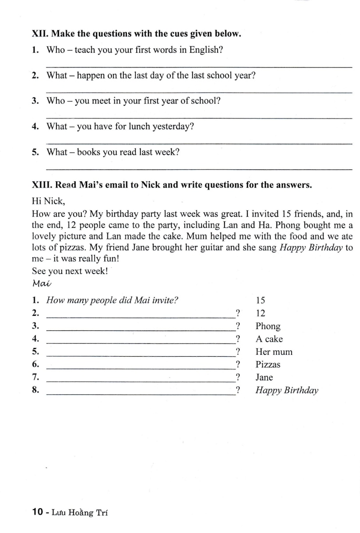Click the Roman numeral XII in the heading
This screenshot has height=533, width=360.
click(40, 34)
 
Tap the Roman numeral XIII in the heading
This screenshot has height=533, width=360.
click(43, 185)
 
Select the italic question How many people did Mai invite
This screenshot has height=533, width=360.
click(112, 300)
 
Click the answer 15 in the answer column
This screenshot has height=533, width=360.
click(261, 300)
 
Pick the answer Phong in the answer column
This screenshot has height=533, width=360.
click(268, 326)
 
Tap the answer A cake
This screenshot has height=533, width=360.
click(269, 339)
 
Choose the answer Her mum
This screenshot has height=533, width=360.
click(274, 352)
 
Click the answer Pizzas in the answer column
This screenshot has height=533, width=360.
click(268, 365)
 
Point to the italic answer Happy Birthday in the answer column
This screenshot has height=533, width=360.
click(287, 391)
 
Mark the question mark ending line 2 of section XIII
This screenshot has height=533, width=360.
click(238, 313)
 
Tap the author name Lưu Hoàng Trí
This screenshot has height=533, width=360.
click(79, 513)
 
